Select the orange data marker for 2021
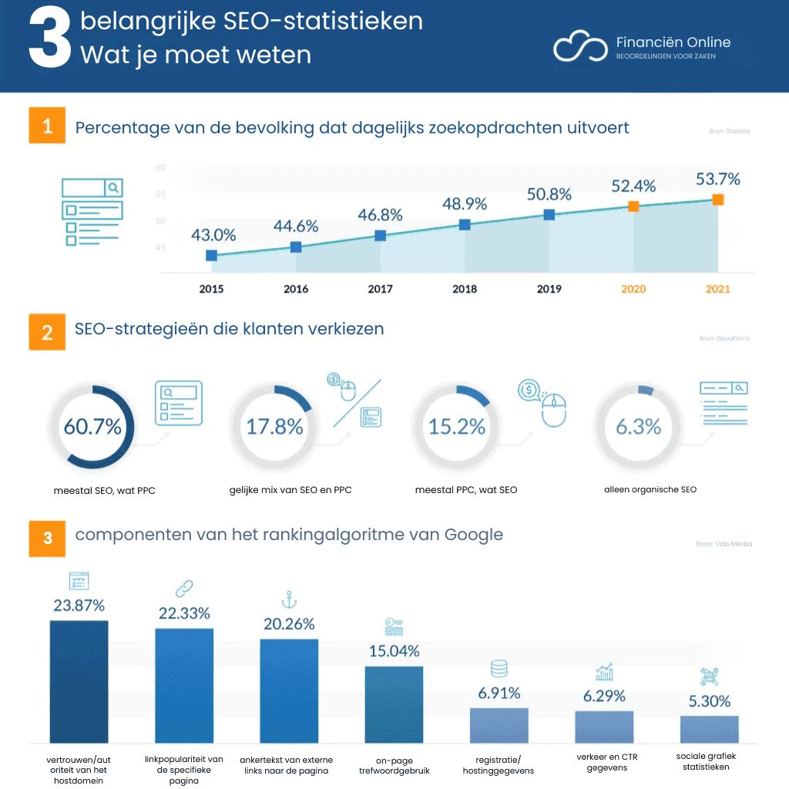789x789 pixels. tap(717, 200)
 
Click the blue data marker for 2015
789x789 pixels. tap(211, 255)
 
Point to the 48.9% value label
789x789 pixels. tap(465, 204)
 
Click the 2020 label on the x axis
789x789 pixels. tap(633, 290)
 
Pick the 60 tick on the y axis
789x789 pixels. tap(160, 167)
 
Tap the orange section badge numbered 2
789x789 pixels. tap(48, 333)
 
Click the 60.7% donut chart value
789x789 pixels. tap(92, 426)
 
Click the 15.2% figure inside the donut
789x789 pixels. tap(457, 426)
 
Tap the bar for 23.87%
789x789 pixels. tap(79, 681)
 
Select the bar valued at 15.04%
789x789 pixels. tap(394, 704)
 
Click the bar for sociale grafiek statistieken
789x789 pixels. tap(709, 729)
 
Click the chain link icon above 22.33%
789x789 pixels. tap(184, 589)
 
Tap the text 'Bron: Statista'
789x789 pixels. tap(729, 132)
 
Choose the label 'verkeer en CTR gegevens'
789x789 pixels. tap(606, 762)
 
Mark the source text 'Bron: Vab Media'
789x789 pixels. tap(724, 544)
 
